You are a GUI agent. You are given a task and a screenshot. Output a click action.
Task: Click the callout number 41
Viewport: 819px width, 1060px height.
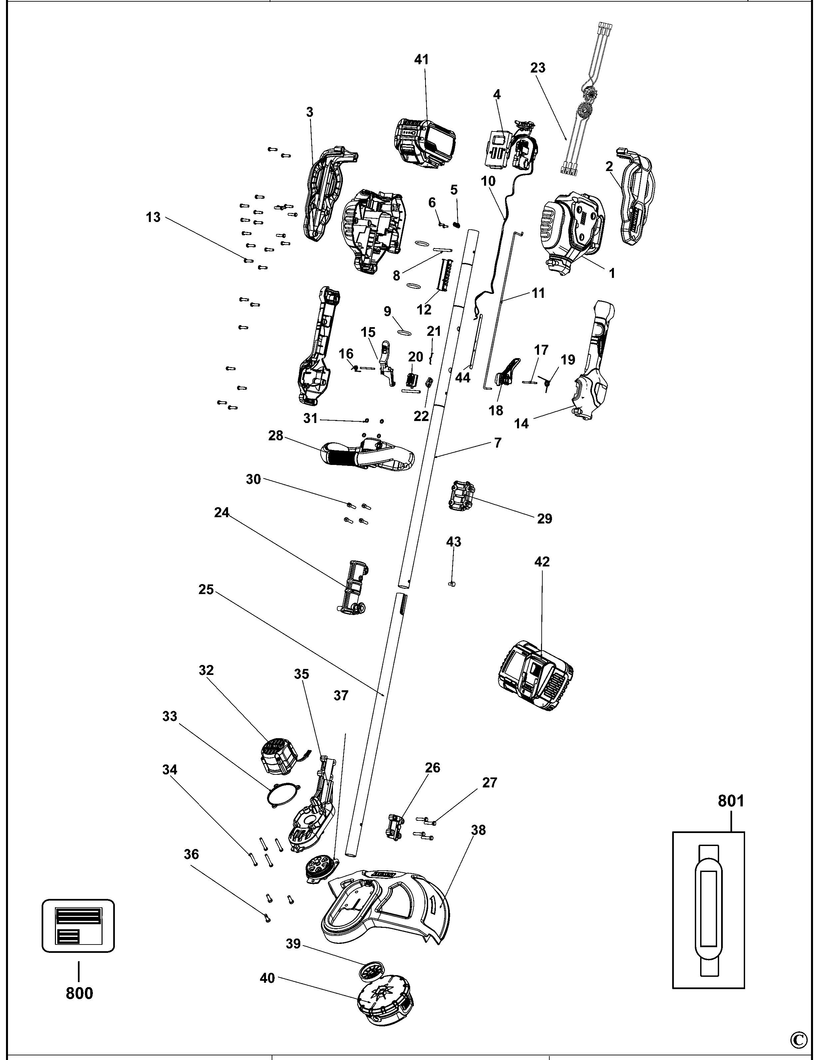click(421, 59)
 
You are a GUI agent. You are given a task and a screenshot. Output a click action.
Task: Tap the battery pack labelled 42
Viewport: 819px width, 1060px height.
click(535, 676)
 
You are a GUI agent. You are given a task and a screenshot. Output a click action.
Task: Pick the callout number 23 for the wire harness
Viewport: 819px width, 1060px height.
click(537, 68)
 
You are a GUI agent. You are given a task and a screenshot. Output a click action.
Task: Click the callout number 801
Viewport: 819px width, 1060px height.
click(731, 800)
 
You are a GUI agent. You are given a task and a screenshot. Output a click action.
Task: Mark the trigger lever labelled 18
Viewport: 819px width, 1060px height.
click(506, 374)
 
